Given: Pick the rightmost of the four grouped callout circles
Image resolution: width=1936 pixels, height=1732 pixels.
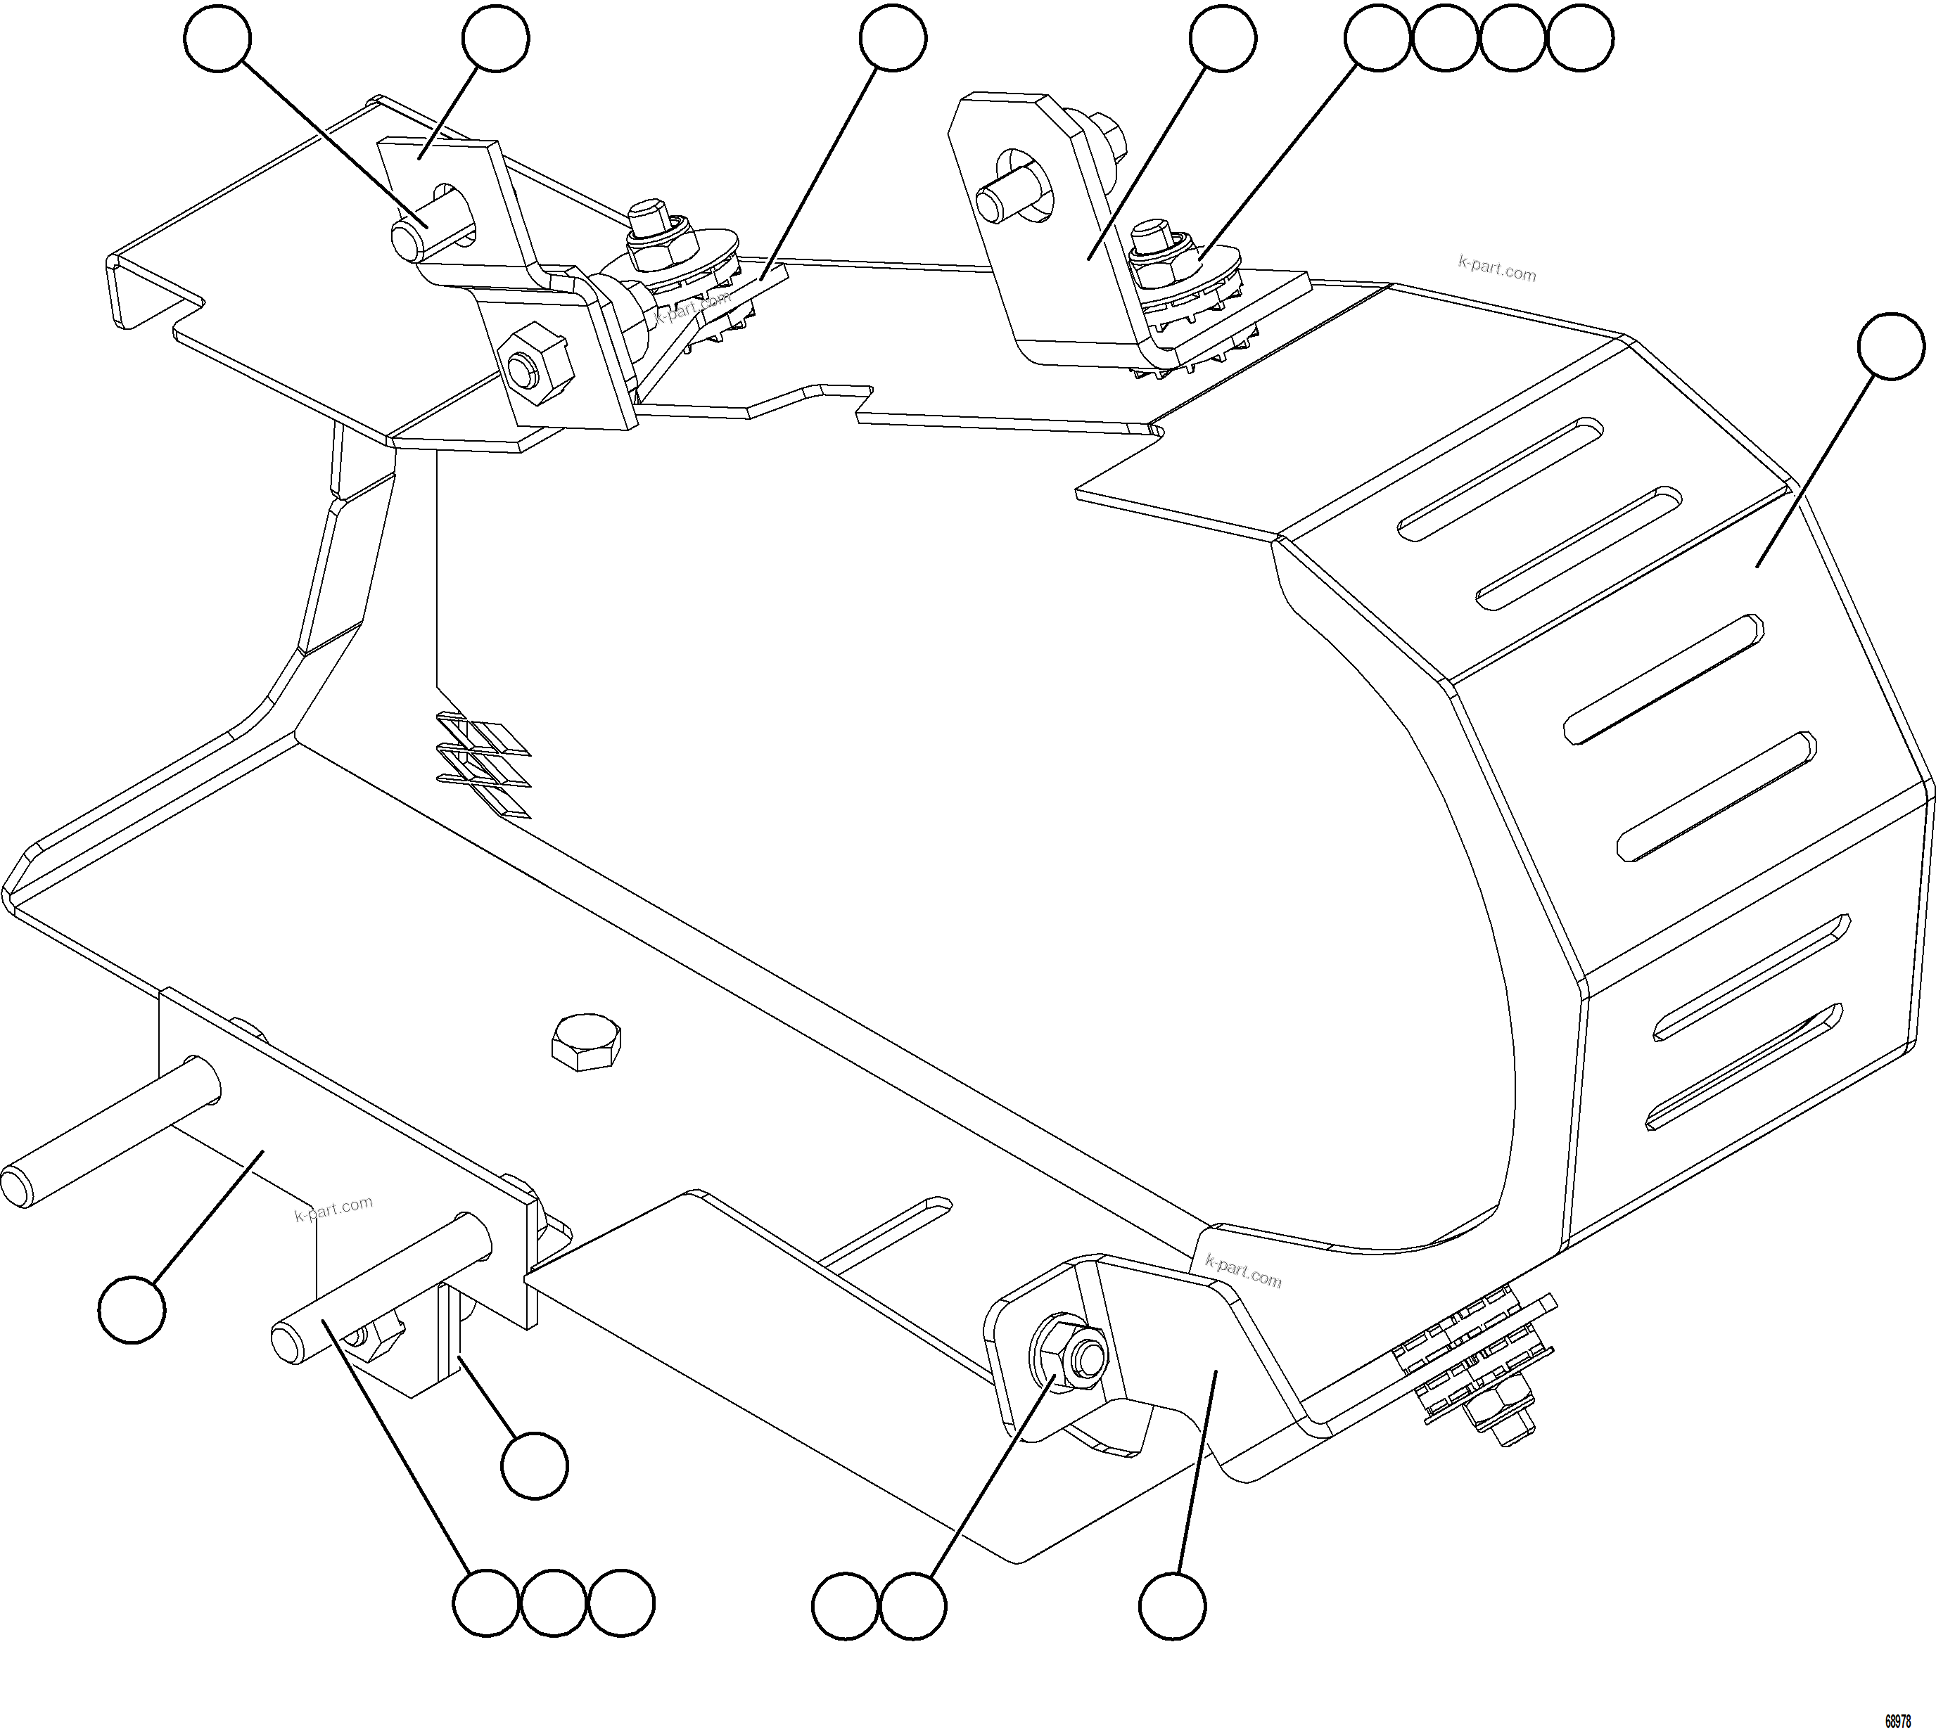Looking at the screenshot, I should tap(1581, 38).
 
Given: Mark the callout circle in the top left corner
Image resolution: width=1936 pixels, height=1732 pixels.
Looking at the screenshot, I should tap(218, 38).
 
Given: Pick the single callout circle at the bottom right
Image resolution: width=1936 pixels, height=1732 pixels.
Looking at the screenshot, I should tap(1173, 1605).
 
